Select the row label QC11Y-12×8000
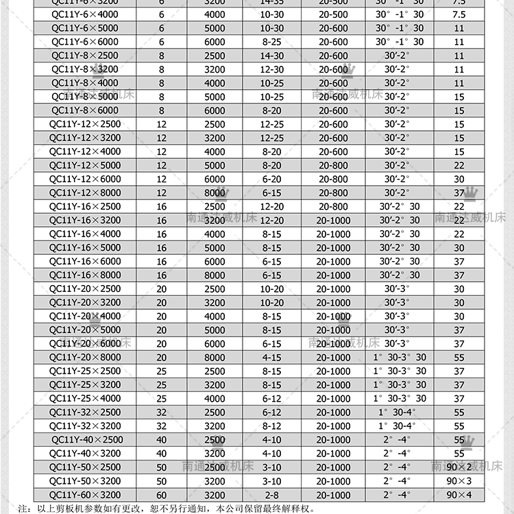pyautogui.click(x=85, y=193)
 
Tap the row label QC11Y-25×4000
pyautogui.click(x=85, y=398)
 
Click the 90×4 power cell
pyautogui.click(x=459, y=495)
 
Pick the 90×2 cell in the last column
pyautogui.click(x=459, y=467)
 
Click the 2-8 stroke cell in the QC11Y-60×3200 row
pyautogui.click(x=271, y=495)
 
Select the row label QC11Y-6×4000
pyautogui.click(x=85, y=14)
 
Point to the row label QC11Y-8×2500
pyautogui.click(x=85, y=56)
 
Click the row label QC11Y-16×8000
pyautogui.click(x=85, y=275)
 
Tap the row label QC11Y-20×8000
pyautogui.click(x=85, y=357)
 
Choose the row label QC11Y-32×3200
pyautogui.click(x=85, y=426)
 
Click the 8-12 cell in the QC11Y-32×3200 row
pyautogui.click(x=271, y=426)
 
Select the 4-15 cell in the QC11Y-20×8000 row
pyautogui.click(x=271, y=358)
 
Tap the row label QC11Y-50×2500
pyautogui.click(x=85, y=467)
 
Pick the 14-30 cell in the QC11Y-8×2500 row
pyautogui.click(x=271, y=56)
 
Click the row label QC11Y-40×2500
pyautogui.click(x=87, y=439)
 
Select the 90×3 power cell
pyautogui.click(x=459, y=481)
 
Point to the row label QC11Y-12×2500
pyautogui.click(x=85, y=124)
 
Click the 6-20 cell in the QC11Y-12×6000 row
pyautogui.click(x=271, y=180)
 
